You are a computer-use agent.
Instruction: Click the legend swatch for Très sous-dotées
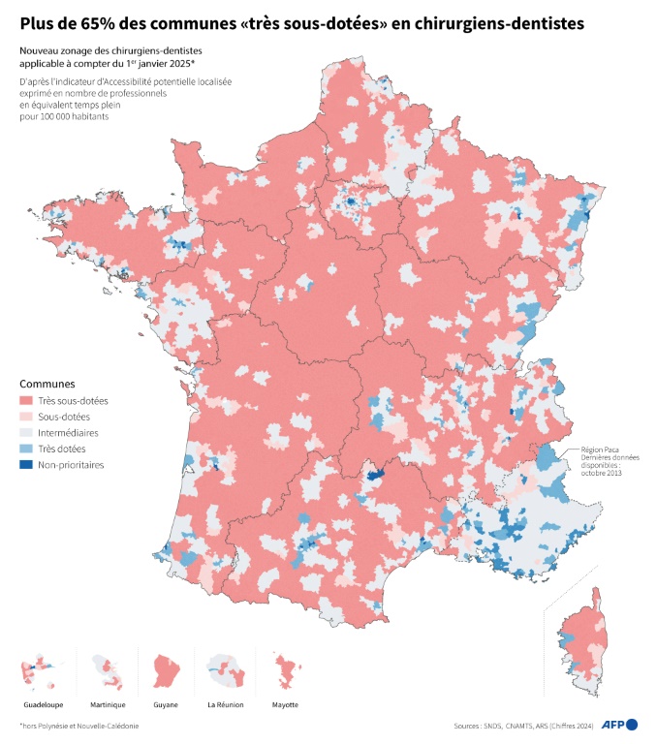click(27, 401)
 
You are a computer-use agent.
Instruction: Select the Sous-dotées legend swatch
click(27, 418)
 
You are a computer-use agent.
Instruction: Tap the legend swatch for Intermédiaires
click(27, 433)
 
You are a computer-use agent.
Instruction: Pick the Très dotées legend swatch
click(27, 449)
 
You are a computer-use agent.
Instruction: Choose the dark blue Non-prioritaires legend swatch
click(27, 465)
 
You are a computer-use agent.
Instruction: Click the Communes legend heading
click(47, 384)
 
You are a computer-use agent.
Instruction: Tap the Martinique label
click(107, 704)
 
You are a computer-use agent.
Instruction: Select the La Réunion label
click(226, 704)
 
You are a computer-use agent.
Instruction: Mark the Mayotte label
click(284, 704)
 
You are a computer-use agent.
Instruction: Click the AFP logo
click(620, 725)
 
